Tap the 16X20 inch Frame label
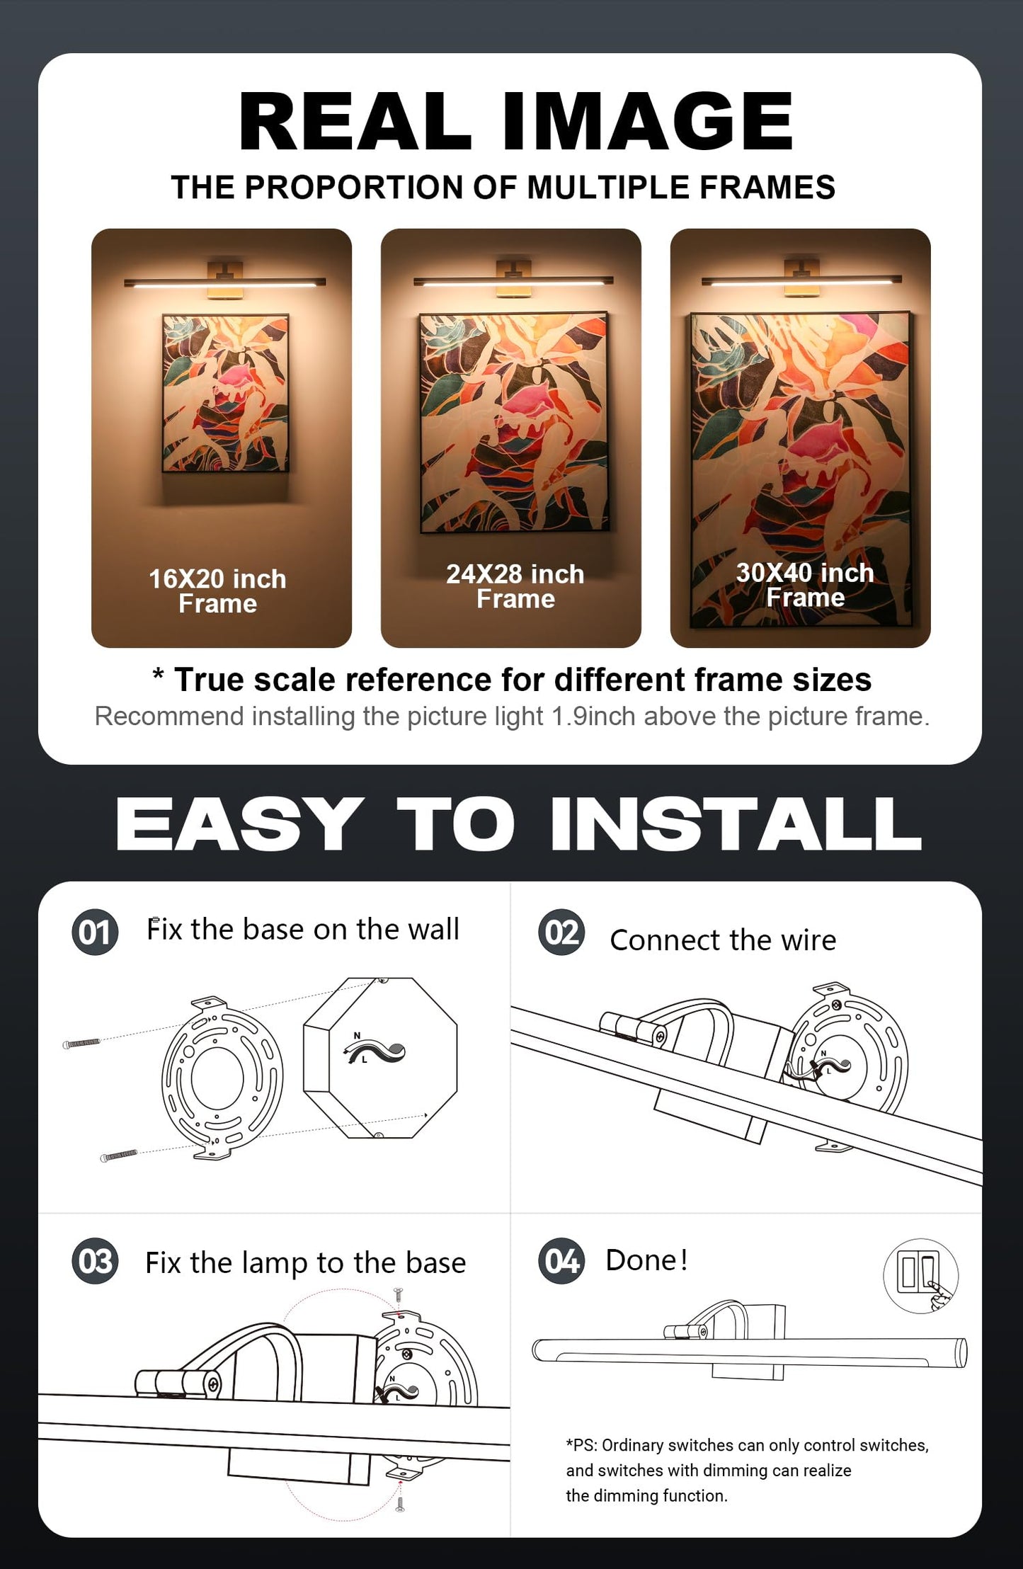pyautogui.click(x=217, y=591)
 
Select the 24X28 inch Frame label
pyautogui.click(x=515, y=586)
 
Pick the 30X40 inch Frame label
pyautogui.click(x=805, y=585)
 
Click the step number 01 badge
pyautogui.click(x=95, y=932)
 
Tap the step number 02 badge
pyautogui.click(x=561, y=932)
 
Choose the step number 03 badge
pyautogui.click(x=95, y=1261)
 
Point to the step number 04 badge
pyautogui.click(x=561, y=1261)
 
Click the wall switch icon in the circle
pyautogui.click(x=920, y=1276)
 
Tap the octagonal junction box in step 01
pyautogui.click(x=380, y=1058)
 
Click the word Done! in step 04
pyautogui.click(x=646, y=1260)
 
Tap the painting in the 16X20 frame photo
pyautogui.click(x=225, y=394)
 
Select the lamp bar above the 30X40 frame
pyautogui.click(x=801, y=281)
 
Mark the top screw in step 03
pyautogui.click(x=399, y=1295)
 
